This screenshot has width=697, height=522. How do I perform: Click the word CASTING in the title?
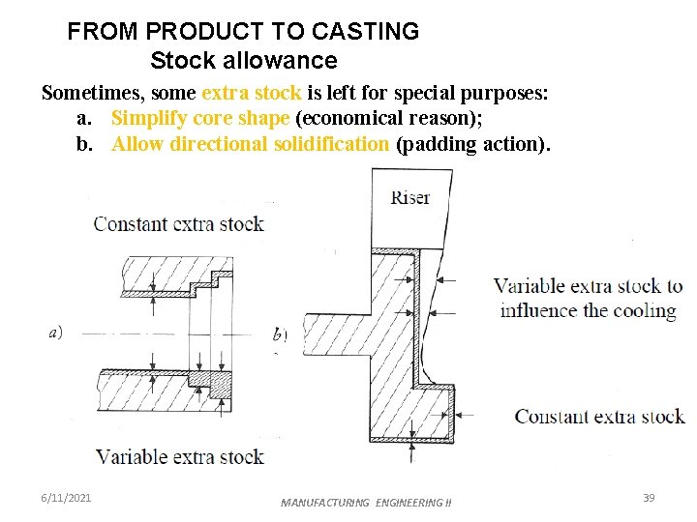[x=372, y=31]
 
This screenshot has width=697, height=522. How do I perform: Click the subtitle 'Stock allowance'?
[x=244, y=61]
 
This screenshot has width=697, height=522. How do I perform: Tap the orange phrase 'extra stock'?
[x=251, y=93]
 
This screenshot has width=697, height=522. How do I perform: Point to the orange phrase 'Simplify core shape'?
[x=200, y=118]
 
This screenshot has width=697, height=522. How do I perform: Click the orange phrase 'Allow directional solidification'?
[x=251, y=144]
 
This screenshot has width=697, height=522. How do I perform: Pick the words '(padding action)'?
[x=472, y=144]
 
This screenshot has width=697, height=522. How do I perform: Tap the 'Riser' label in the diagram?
[x=410, y=198]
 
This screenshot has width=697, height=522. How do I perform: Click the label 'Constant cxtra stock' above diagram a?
[x=178, y=224]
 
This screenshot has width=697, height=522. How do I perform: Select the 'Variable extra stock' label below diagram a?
[x=179, y=456]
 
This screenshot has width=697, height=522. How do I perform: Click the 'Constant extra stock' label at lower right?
[x=599, y=417]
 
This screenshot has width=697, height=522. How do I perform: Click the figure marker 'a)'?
[x=56, y=333]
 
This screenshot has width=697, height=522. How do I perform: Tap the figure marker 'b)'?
[x=281, y=335]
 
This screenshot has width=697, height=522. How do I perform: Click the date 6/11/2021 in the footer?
[x=67, y=498]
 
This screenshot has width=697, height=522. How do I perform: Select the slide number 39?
[x=649, y=498]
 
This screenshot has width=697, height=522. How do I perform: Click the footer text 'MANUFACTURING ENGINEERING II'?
[x=366, y=503]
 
